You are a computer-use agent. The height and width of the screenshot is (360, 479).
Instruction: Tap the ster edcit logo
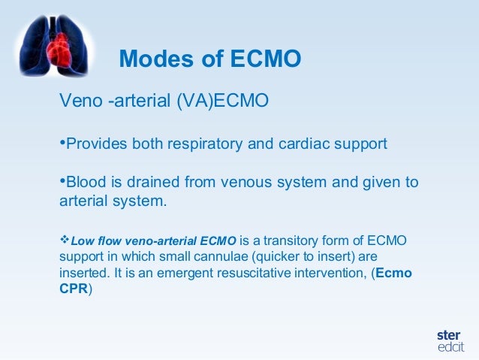click(x=449, y=340)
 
